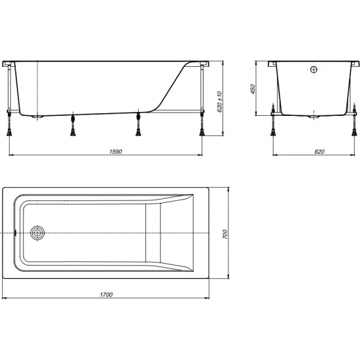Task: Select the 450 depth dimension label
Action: click(x=252, y=89)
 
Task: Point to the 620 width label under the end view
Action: click(x=318, y=151)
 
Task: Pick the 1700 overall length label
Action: click(x=107, y=295)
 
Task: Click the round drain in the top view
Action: click(x=38, y=233)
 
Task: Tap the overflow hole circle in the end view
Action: click(x=314, y=70)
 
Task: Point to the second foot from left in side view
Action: click(x=72, y=126)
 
